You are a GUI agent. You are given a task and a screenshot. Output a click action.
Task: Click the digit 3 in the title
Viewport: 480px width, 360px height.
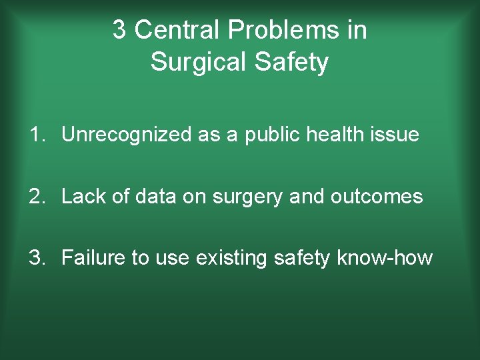[119, 30]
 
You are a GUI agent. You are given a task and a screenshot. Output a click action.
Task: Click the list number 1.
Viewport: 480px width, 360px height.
[34, 135]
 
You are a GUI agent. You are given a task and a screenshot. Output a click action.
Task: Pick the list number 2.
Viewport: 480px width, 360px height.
[34, 197]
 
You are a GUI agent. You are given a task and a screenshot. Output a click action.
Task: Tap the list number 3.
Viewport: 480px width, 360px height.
[34, 258]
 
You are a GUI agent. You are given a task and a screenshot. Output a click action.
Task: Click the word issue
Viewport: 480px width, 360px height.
[396, 135]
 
